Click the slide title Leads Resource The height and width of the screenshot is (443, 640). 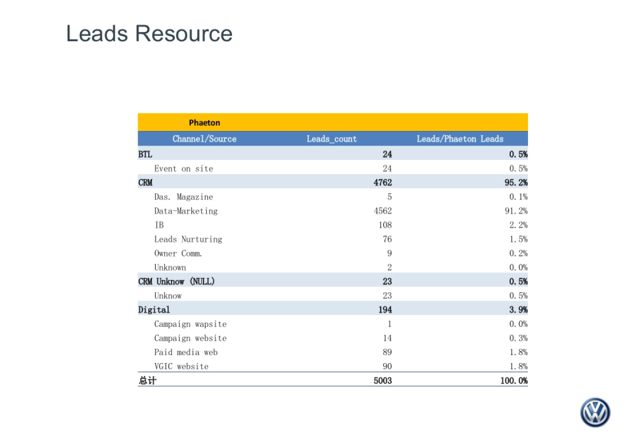[149, 34]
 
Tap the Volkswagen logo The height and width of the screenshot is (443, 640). [595, 412]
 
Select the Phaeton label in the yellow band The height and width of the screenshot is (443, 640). [204, 123]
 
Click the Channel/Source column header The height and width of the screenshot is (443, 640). [204, 139]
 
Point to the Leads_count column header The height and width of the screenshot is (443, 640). [332, 139]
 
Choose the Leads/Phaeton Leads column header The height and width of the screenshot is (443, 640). [460, 139]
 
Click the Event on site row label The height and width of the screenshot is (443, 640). [183, 168]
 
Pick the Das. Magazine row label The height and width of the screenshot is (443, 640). [183, 197]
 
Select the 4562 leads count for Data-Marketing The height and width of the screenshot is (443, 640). [383, 211]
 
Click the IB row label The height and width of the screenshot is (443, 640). [159, 225]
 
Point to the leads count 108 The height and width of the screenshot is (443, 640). [385, 225]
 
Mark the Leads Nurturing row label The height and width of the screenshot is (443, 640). [188, 239]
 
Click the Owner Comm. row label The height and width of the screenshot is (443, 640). [178, 253]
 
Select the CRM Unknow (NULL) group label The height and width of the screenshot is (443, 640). [177, 281]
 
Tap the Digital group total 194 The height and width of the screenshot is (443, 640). [385, 310]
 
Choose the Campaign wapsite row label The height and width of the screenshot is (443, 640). [190, 324]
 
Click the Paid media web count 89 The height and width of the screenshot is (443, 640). [387, 352]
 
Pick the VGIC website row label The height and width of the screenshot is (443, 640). [181, 366]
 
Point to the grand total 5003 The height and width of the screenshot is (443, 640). [383, 381]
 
